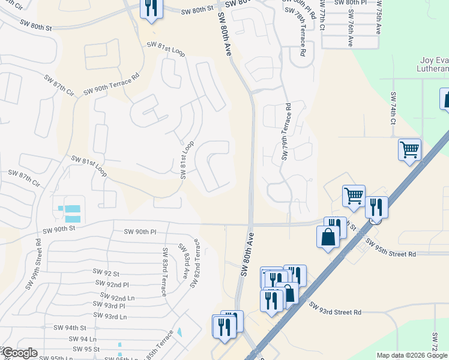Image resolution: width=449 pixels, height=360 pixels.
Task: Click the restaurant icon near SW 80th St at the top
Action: tap(150, 8)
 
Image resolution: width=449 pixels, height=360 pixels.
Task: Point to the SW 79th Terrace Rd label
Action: tap(286, 132)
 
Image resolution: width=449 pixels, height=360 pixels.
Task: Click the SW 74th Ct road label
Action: tap(394, 109)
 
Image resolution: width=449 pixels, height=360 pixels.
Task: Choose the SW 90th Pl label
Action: tap(140, 232)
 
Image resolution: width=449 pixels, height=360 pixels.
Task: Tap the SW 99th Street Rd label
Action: tap(38, 256)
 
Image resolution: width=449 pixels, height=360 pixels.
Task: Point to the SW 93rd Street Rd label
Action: tap(336, 309)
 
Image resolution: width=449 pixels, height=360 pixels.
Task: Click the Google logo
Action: tap(19, 353)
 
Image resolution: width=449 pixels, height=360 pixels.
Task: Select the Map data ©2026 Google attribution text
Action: tap(412, 355)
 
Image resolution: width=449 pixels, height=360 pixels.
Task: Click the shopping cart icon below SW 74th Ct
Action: tap(409, 150)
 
